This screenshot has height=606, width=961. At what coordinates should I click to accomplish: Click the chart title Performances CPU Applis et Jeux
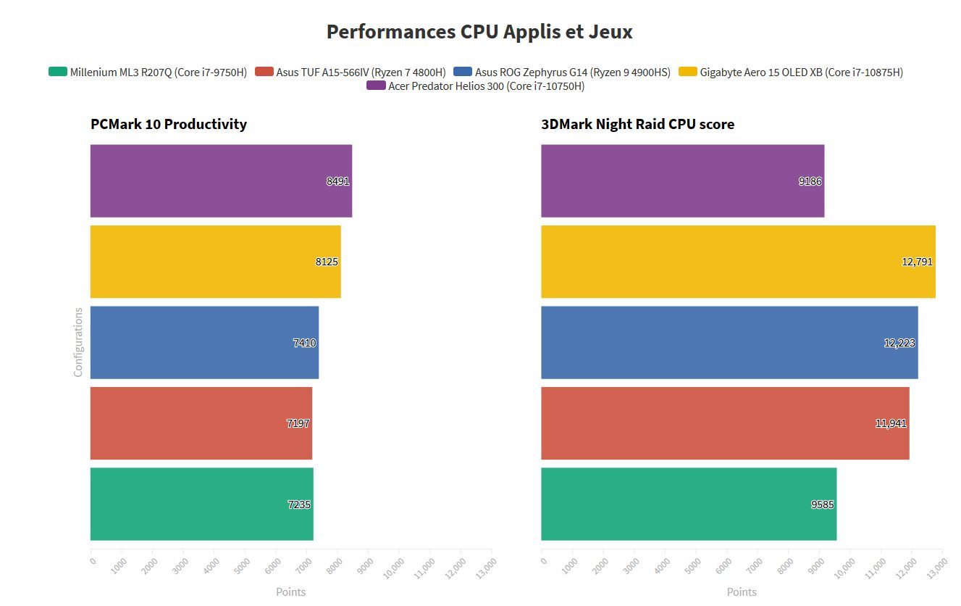(x=479, y=32)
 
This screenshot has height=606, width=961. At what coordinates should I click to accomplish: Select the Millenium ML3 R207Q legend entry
(x=148, y=72)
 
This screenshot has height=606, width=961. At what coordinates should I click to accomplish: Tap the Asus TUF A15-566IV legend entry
(x=351, y=72)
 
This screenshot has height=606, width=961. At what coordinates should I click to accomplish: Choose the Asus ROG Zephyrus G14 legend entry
(x=562, y=72)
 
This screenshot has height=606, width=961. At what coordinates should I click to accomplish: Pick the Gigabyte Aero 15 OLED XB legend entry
(x=791, y=72)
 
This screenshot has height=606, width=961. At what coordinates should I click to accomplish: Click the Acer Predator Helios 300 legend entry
(x=476, y=86)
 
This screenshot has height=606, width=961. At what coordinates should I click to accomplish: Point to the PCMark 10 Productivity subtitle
(x=169, y=124)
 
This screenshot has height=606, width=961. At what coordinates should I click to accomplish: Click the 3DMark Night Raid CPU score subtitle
(x=637, y=124)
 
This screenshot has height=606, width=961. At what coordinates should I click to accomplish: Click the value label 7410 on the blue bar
(x=304, y=343)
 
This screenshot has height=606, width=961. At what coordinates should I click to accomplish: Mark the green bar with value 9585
(x=689, y=504)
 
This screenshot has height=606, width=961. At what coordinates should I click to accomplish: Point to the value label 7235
(x=299, y=505)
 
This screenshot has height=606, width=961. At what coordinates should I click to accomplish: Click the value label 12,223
(x=899, y=343)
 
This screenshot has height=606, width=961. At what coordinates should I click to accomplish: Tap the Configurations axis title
(x=78, y=342)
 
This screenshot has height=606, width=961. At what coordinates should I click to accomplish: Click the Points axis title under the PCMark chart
(x=291, y=592)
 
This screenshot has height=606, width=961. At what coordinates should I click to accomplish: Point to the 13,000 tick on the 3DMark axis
(x=934, y=565)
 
